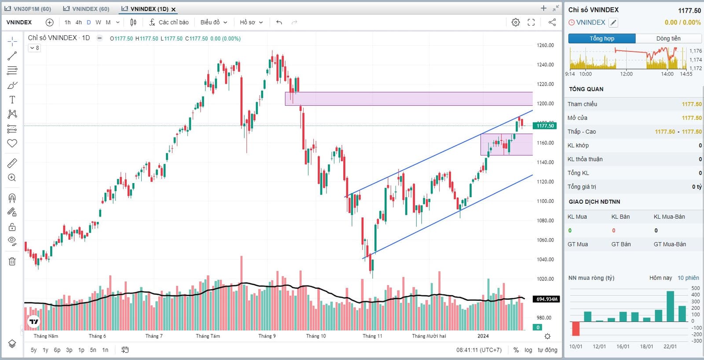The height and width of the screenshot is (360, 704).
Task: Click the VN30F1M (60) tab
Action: [x=28, y=9]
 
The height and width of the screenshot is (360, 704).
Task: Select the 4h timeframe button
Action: [x=78, y=22]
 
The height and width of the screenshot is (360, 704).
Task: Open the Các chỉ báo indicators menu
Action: [x=169, y=22]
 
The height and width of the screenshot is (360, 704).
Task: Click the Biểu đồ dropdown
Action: [x=213, y=22]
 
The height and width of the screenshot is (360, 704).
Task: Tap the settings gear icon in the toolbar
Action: [x=516, y=22]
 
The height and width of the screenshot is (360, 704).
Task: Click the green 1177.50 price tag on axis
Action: [x=545, y=126]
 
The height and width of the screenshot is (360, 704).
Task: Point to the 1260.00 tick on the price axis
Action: [x=545, y=45]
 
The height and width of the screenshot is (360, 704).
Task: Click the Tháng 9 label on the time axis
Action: [x=267, y=336]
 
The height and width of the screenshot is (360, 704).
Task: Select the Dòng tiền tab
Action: [x=668, y=39]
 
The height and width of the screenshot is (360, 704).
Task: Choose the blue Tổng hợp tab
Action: [x=601, y=39]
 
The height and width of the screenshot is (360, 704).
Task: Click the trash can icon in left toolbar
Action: [x=12, y=261]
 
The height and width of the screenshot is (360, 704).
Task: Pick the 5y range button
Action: [x=34, y=350]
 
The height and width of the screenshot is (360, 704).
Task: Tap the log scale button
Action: [x=528, y=350]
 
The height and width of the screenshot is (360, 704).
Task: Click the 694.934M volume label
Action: [x=546, y=299]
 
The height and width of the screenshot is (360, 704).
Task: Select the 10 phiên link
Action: [x=688, y=278]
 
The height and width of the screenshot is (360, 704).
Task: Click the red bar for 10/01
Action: [x=576, y=328]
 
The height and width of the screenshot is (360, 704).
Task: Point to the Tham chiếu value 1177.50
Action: [x=692, y=104]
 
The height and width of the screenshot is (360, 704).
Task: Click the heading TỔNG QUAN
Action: [x=586, y=89]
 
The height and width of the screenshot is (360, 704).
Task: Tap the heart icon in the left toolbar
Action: [x=12, y=143]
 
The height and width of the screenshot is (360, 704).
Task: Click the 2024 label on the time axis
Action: [x=483, y=336]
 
